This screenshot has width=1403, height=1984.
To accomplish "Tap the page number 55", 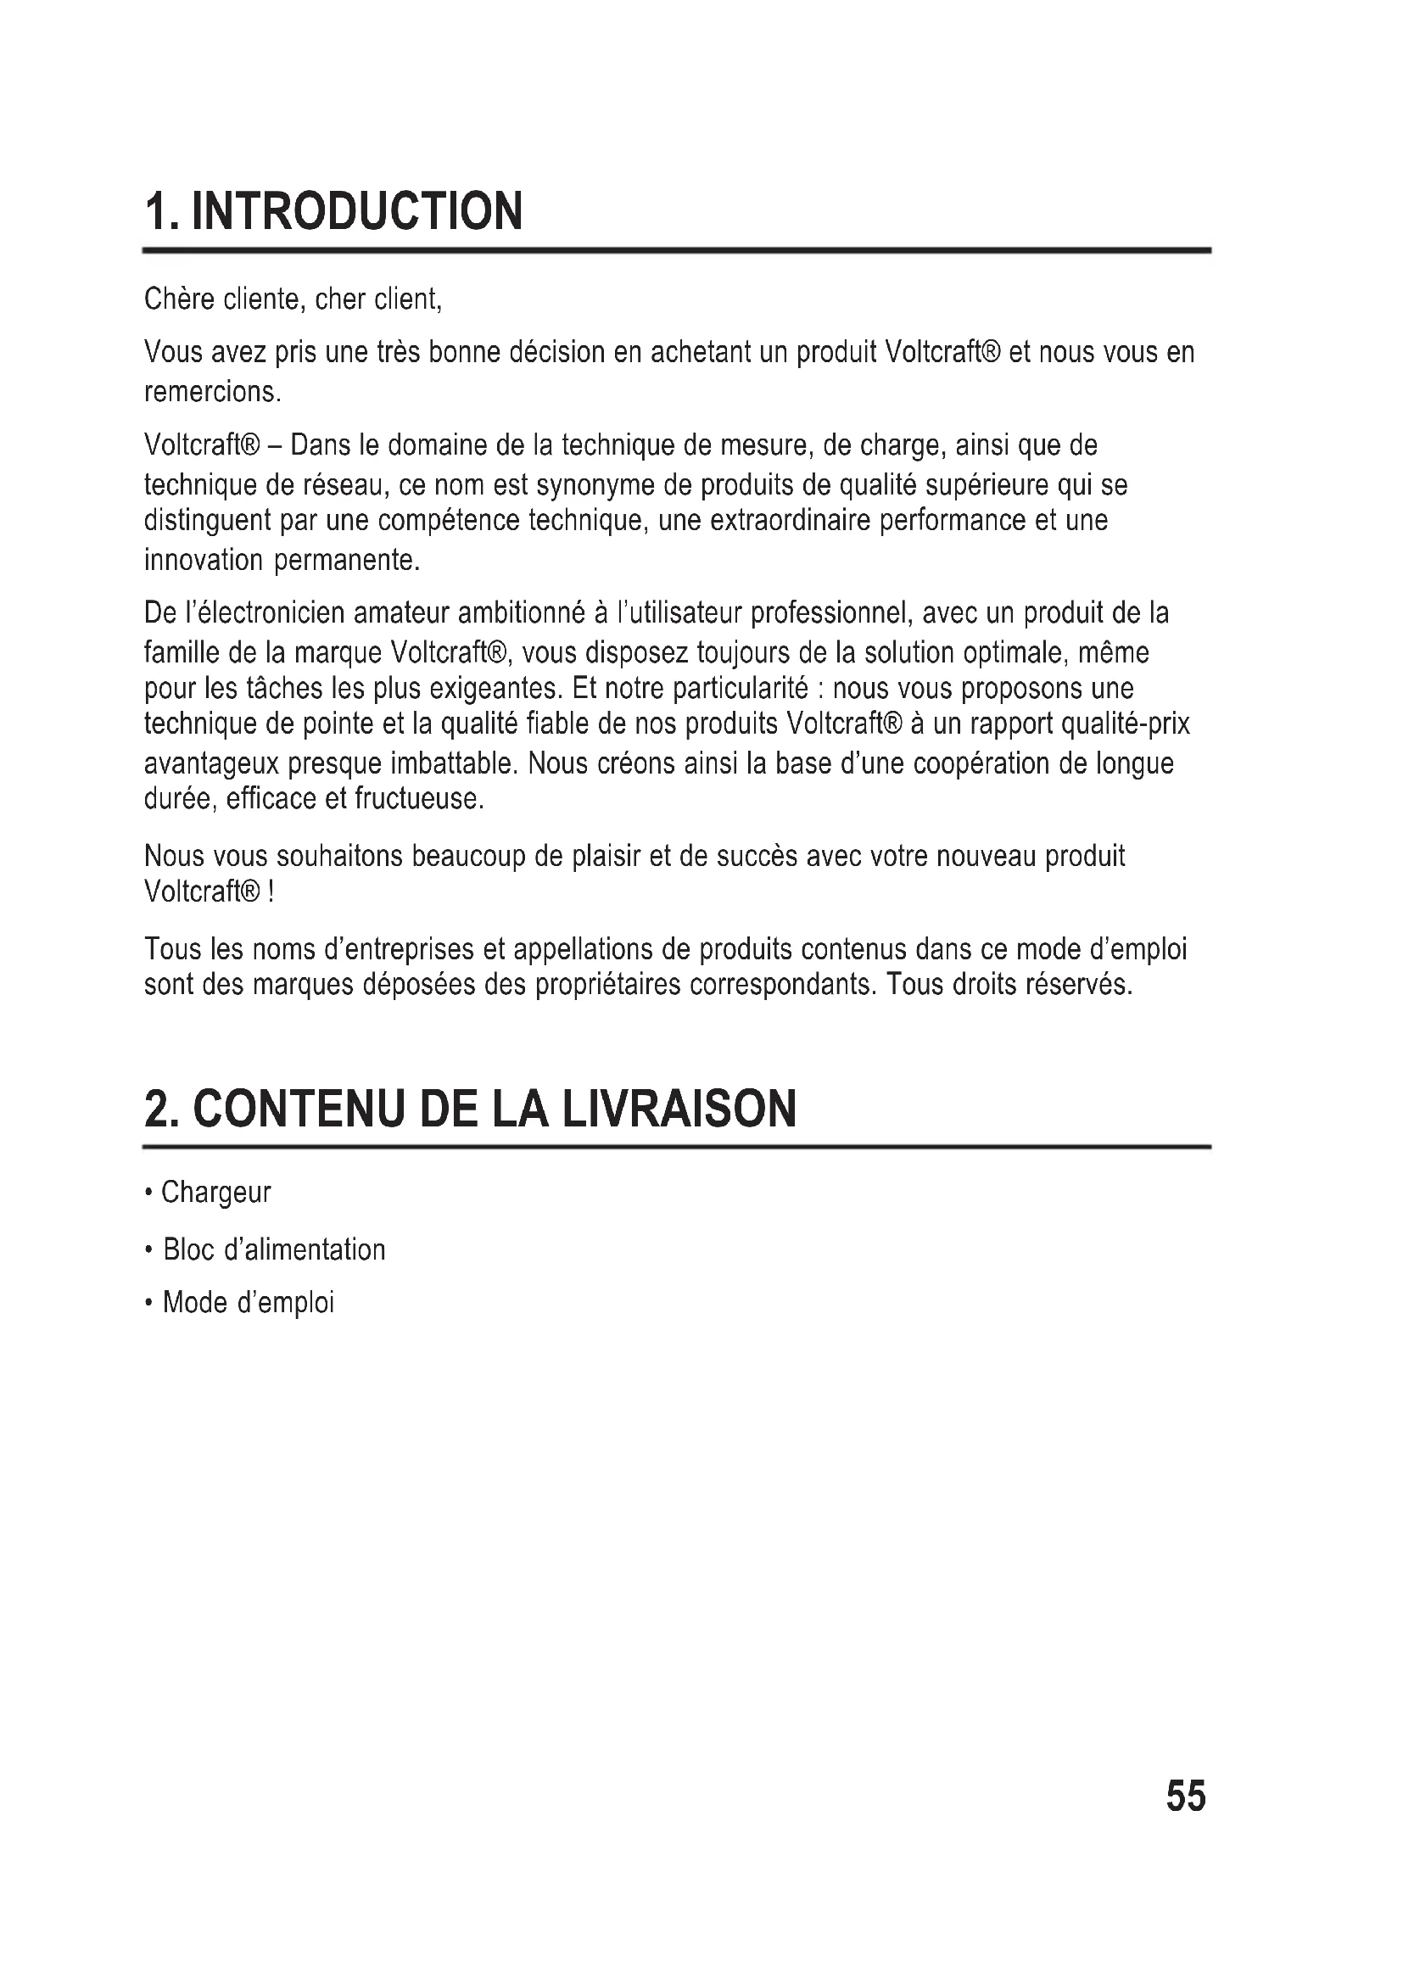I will [1185, 1796].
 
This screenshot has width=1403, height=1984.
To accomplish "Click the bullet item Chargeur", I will [216, 1193].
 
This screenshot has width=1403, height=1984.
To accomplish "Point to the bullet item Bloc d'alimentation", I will [274, 1249].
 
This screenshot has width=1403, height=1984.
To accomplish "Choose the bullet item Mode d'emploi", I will [248, 1302].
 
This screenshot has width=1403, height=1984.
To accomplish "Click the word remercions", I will [213, 393].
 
